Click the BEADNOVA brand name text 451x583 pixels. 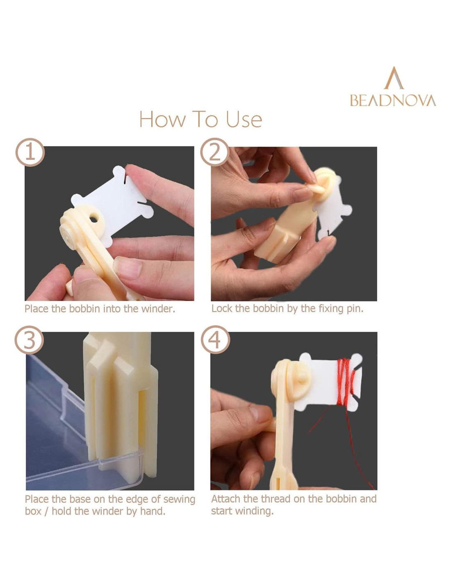(393, 100)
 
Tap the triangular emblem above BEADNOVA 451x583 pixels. (394, 78)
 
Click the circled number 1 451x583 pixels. (30, 153)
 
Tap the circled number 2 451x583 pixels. (215, 153)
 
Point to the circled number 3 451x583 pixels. (29, 340)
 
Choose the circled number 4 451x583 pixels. (215, 340)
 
